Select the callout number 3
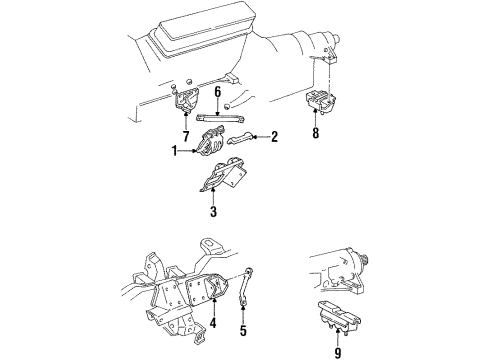point(212,212)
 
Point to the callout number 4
point(212,322)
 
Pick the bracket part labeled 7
point(186,103)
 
